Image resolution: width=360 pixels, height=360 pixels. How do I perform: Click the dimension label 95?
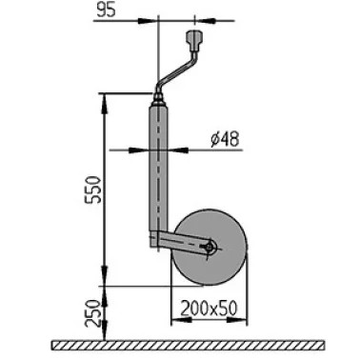coord(107,10)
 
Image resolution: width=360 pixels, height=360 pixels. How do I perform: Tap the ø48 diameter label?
coord(225,139)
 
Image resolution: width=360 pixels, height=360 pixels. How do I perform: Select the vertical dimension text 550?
coord(94,190)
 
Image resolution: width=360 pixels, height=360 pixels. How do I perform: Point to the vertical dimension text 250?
coord(91,313)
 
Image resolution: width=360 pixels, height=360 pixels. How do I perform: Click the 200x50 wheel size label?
coord(209,309)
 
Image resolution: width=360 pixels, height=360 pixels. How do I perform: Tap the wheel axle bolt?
coord(209,248)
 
